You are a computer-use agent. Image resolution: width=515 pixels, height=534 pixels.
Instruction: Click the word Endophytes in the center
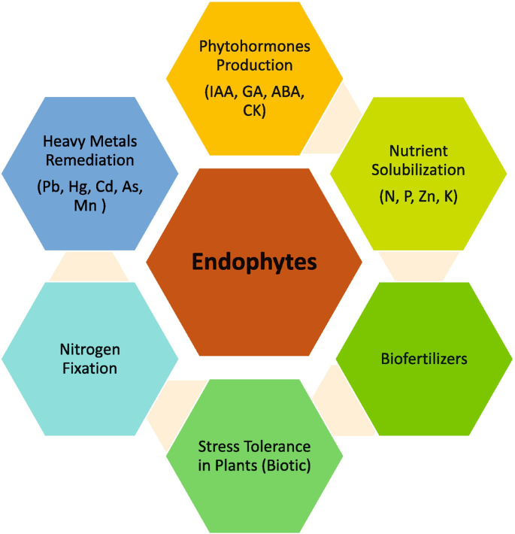(254, 262)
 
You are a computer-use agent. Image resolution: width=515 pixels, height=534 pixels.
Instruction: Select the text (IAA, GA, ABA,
(255, 93)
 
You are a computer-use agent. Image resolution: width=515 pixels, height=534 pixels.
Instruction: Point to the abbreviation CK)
(255, 112)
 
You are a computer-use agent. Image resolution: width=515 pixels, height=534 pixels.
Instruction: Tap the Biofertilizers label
(423, 359)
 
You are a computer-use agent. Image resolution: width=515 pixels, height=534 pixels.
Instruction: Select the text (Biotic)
(283, 466)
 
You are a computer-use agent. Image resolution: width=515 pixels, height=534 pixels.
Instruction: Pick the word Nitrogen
(90, 350)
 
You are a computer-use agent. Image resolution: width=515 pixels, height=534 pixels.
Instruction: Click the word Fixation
(90, 369)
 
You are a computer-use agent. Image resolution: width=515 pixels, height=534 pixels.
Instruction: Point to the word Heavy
(63, 141)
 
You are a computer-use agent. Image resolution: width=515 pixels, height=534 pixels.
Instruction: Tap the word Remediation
(89, 160)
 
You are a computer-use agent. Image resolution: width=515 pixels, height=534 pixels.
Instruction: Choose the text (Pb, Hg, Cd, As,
(89, 187)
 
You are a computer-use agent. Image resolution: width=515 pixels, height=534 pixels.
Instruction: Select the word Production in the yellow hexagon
(255, 65)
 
